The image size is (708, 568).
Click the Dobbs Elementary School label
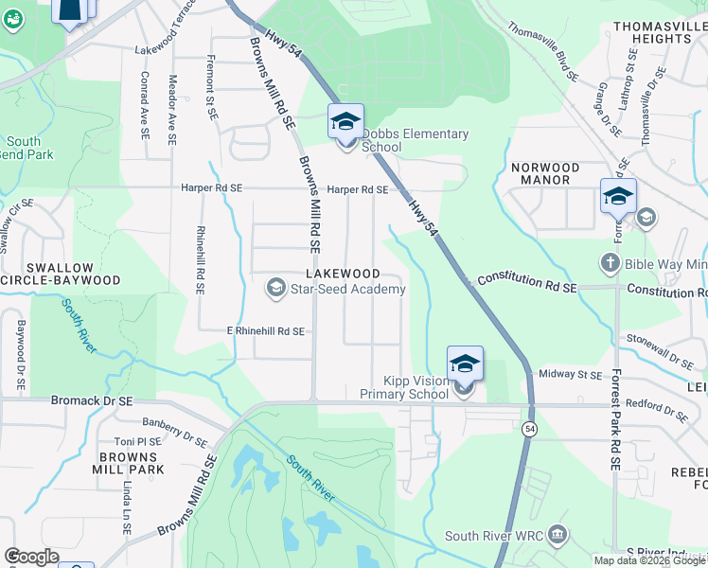415,140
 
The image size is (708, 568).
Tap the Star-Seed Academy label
347,289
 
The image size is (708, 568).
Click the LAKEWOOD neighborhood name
343,274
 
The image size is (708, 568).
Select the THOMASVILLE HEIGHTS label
652,32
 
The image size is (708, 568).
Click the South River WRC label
494,537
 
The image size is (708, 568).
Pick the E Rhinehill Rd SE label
265,331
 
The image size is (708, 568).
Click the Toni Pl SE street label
138,441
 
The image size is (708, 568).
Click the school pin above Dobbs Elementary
346,120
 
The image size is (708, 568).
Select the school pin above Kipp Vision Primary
465,363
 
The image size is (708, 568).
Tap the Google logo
31,557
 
